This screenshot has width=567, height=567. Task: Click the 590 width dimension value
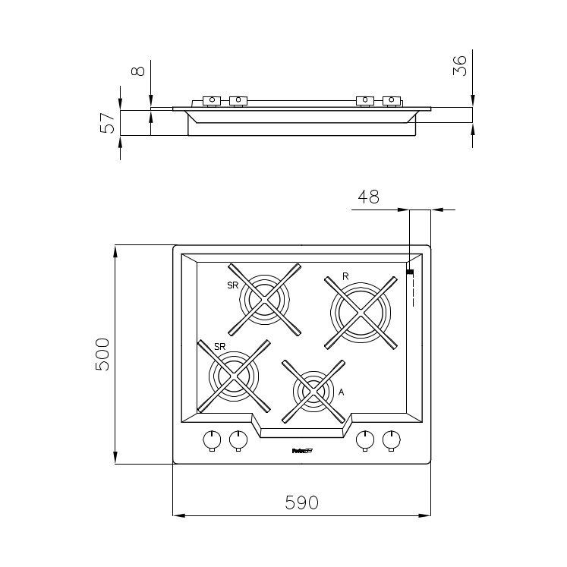point(301,502)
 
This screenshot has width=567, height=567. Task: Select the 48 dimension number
point(368,197)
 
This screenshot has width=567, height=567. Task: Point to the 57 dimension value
point(109,122)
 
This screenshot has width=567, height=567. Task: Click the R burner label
point(345,276)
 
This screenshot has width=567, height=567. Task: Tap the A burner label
point(342,392)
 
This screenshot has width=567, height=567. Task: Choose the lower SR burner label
point(220,346)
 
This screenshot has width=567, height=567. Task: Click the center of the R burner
point(361,312)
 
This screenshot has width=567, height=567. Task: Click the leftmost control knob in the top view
point(212,439)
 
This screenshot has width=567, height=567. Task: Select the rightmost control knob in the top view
point(392,439)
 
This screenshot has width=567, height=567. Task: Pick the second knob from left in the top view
point(238,439)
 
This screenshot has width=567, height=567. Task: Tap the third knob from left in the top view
point(365,439)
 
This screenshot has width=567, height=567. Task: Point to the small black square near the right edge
point(410,271)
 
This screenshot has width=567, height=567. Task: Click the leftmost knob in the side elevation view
point(211,100)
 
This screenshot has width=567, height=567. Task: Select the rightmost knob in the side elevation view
point(392,100)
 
